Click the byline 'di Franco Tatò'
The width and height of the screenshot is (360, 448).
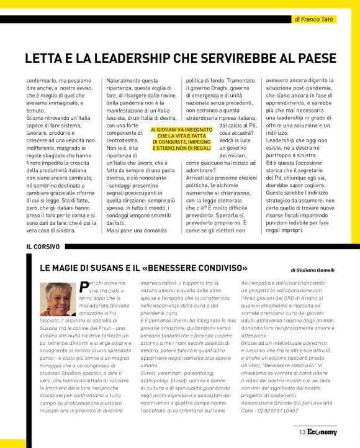(314, 20)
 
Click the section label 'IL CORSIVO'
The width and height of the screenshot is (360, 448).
(43, 247)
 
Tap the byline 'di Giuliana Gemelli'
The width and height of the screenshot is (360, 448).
(312, 270)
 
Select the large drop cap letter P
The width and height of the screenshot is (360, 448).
(84, 286)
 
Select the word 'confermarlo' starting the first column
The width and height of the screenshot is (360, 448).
(43, 81)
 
